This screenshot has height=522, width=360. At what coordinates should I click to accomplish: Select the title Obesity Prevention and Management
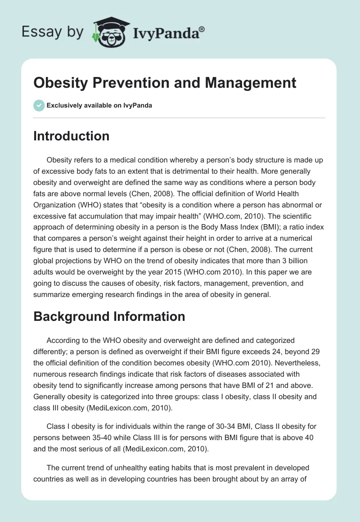(165, 83)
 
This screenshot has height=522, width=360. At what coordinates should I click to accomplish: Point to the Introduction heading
(71, 136)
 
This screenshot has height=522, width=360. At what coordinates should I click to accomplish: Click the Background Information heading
(109, 316)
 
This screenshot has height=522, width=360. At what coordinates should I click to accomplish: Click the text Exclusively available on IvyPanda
(99, 105)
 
